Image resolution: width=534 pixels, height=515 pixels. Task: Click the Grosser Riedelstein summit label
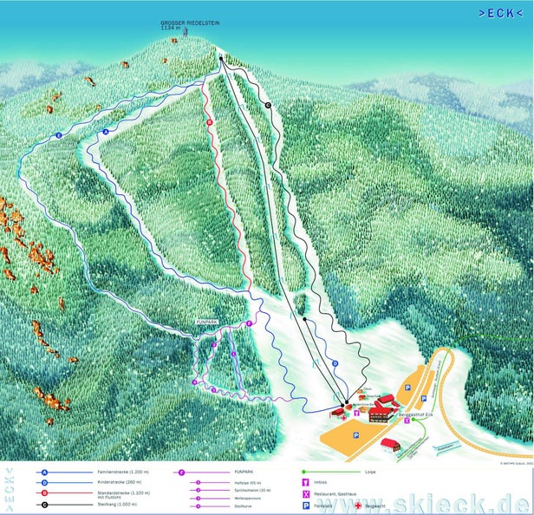185,24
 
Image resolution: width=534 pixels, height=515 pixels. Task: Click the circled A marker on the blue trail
106,131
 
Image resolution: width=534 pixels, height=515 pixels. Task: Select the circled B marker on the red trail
210,123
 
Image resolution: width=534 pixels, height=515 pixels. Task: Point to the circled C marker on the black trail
268,105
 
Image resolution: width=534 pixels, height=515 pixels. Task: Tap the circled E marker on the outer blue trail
58,136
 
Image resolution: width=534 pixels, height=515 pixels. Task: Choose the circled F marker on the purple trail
249,323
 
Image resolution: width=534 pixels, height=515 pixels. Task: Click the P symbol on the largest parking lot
355,436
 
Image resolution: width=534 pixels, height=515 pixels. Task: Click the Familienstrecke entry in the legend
116,473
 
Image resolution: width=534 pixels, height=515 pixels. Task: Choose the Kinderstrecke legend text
113,483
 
